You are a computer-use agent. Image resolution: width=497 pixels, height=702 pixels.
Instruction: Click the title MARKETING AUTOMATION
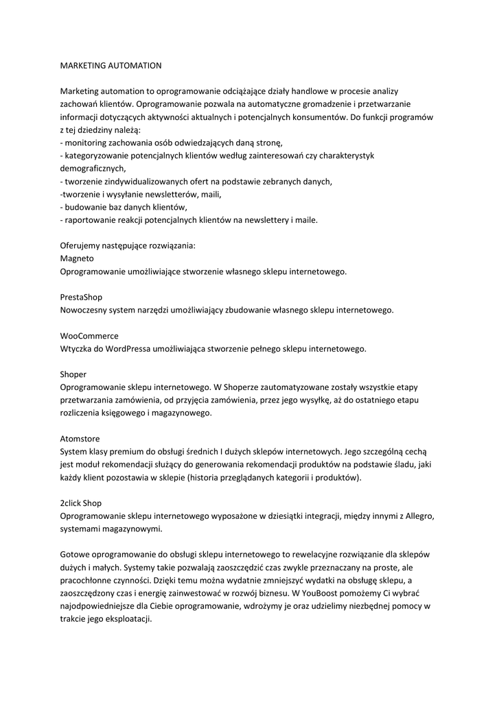pyautogui.click(x=111, y=66)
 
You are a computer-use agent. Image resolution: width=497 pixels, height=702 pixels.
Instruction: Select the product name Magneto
pyautogui.click(x=78, y=258)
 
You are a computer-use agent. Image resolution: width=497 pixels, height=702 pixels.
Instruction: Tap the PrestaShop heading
pyautogui.click(x=81, y=297)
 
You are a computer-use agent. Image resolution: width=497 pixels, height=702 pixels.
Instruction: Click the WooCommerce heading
pyautogui.click(x=89, y=336)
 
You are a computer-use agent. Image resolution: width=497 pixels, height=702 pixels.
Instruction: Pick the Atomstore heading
pyautogui.click(x=80, y=439)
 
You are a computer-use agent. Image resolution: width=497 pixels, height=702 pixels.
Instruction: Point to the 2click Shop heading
pyautogui.click(x=81, y=503)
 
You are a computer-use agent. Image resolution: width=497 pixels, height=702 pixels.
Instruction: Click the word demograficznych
pyautogui.click(x=93, y=169)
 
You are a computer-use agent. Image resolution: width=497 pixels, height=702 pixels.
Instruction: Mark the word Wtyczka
pyautogui.click(x=76, y=348)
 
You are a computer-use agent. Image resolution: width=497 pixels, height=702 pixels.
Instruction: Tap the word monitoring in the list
pyautogui.click(x=85, y=143)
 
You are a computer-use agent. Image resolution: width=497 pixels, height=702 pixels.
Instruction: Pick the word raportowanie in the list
pyautogui.click(x=89, y=220)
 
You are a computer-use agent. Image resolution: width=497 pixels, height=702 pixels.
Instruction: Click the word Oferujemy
pyautogui.click(x=81, y=245)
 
